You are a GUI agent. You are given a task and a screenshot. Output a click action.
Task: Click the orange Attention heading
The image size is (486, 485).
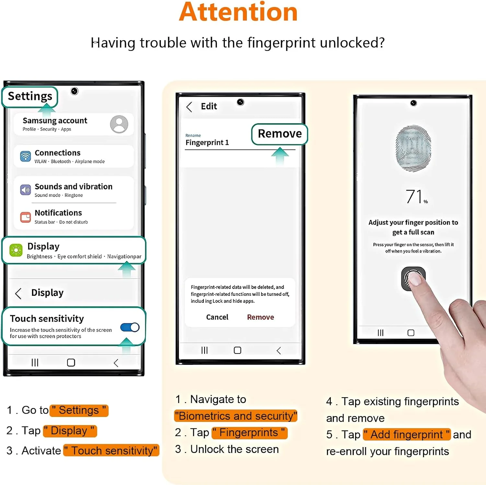pyautogui.click(x=238, y=12)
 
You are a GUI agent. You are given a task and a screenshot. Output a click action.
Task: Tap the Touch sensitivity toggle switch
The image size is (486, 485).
pyautogui.click(x=130, y=327)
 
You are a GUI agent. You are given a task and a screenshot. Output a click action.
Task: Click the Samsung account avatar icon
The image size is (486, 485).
pyautogui.click(x=119, y=124)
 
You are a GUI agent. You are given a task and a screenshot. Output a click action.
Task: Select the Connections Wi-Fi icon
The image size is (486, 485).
pyautogui.click(x=25, y=156)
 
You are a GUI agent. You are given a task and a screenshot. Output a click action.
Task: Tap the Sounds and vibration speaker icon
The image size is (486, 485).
pyautogui.click(x=26, y=190)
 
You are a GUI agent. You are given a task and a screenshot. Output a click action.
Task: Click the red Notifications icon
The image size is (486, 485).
pyautogui.click(x=26, y=217)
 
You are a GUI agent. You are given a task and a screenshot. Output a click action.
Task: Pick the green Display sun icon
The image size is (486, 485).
pyautogui.click(x=16, y=250)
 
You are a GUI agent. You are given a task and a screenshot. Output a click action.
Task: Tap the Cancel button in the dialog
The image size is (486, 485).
pyautogui.click(x=217, y=317)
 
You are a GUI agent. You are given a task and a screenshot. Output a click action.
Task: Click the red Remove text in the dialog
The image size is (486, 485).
pyautogui.click(x=260, y=317)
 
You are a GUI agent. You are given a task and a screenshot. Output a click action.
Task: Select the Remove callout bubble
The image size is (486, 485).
pyautogui.click(x=280, y=134)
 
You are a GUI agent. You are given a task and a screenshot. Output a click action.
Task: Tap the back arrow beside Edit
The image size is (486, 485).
pyautogui.click(x=189, y=107)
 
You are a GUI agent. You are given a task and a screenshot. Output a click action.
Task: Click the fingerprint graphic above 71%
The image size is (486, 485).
pyautogui.click(x=413, y=148)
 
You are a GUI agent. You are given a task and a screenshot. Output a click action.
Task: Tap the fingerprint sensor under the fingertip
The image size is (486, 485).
pyautogui.click(x=413, y=279)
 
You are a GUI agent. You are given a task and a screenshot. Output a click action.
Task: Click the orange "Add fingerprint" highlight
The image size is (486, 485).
pyautogui.click(x=407, y=434)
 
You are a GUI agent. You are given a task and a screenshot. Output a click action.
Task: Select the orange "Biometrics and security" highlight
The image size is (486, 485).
pyautogui.click(x=236, y=416)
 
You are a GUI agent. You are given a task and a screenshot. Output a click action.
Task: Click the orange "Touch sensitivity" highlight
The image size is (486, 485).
pyautogui.click(x=111, y=450)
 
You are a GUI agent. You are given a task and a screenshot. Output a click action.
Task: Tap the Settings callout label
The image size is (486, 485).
pyautogui.click(x=30, y=97)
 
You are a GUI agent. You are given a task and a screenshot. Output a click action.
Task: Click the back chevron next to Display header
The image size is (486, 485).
pyautogui.click(x=18, y=294)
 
